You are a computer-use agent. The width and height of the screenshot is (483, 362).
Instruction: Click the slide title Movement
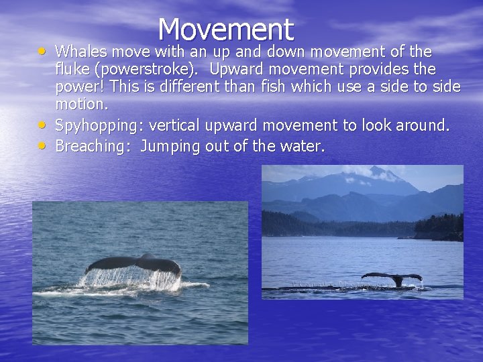tap(226, 29)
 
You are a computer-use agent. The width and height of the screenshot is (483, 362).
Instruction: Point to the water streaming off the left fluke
tap(131, 278)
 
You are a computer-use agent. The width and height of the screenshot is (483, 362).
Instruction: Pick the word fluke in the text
tap(72, 69)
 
